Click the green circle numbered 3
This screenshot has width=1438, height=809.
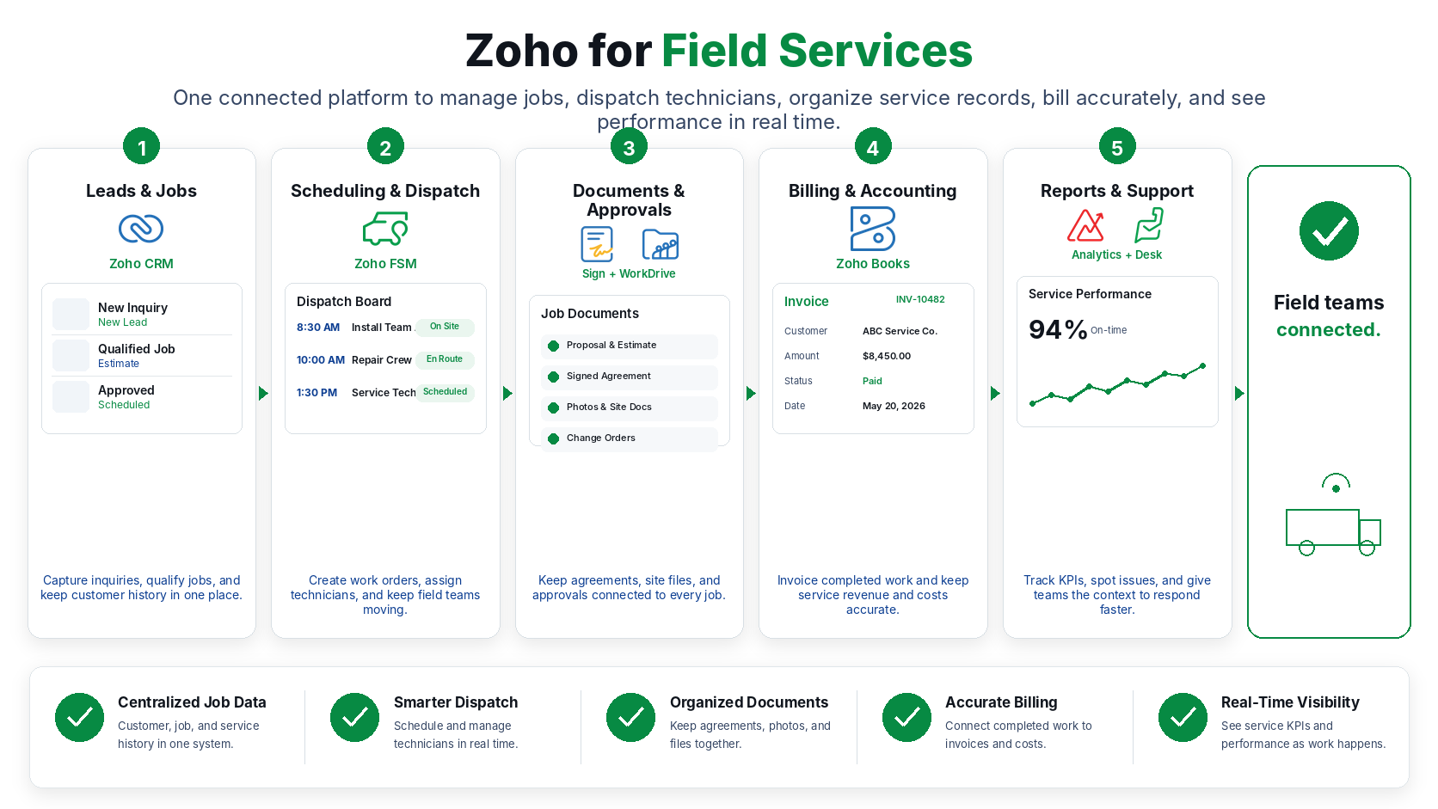(x=629, y=147)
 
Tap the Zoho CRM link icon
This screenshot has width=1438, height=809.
(x=141, y=229)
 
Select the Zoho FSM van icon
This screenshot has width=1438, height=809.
(x=385, y=229)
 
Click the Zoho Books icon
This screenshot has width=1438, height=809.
(x=872, y=229)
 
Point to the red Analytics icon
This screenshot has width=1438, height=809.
(x=1085, y=225)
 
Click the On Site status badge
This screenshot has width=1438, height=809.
(x=445, y=327)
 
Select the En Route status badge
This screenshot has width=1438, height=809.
(x=445, y=359)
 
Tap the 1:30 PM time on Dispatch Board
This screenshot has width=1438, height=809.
(x=316, y=393)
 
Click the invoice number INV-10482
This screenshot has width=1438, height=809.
(x=920, y=299)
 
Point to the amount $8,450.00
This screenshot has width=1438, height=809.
(x=886, y=356)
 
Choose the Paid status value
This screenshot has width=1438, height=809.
(x=872, y=381)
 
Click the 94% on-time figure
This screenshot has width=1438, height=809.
(x=1057, y=330)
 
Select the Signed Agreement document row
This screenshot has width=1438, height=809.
(x=630, y=377)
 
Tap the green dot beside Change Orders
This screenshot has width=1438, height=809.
(x=553, y=438)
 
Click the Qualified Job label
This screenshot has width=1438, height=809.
(x=136, y=349)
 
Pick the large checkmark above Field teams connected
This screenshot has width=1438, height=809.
(x=1328, y=231)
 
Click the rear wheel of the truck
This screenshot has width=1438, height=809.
(x=1306, y=548)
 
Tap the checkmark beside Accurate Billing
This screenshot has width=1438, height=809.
(x=906, y=717)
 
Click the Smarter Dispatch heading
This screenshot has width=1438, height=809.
(x=456, y=702)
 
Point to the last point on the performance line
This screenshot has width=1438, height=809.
(x=1202, y=366)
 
